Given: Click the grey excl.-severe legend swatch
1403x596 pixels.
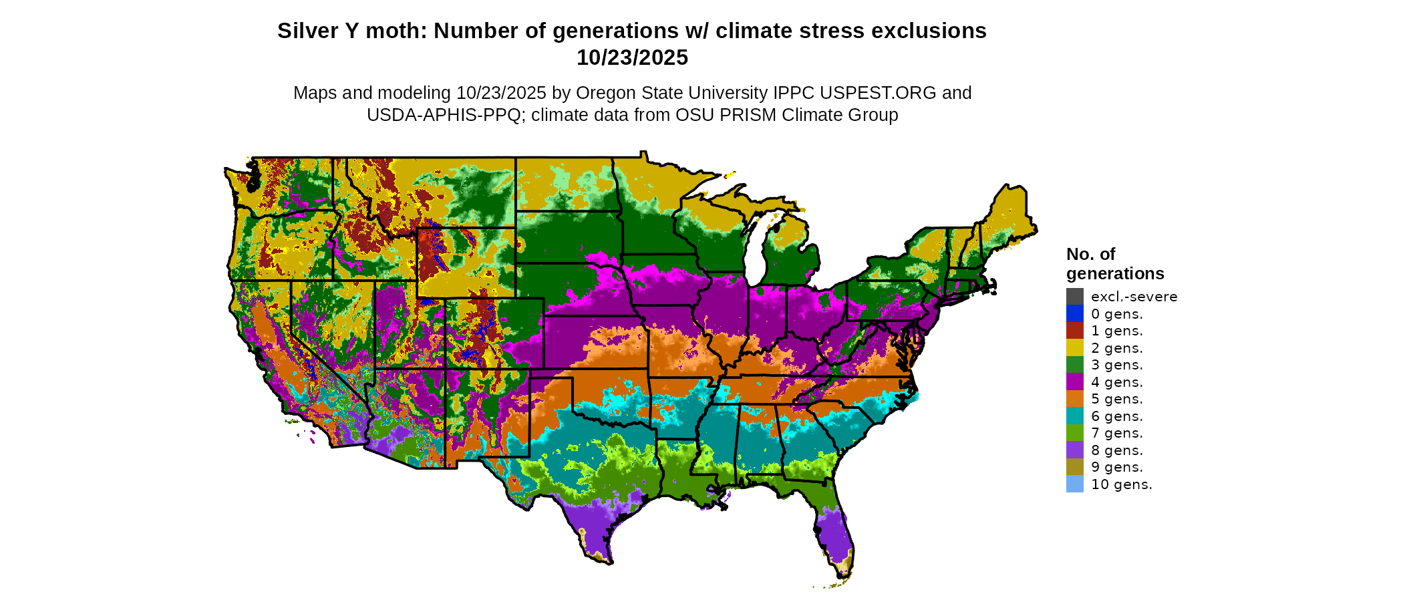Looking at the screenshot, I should tap(1074, 297).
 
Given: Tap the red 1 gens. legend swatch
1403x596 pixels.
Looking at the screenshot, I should tap(1074, 331).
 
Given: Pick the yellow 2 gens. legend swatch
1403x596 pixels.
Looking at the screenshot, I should tap(1074, 348).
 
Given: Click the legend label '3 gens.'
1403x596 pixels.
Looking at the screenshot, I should tap(1116, 365).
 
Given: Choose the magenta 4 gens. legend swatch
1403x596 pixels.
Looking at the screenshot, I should tap(1074, 382).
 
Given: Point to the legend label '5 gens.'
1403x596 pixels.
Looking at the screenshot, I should tap(1116, 399).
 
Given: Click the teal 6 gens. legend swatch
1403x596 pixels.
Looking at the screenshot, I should tap(1074, 416).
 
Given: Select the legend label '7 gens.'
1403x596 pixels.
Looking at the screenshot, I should tap(1116, 433).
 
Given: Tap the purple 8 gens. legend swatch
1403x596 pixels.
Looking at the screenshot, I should tap(1074, 450).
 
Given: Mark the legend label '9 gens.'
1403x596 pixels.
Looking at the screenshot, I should tap(1116, 467).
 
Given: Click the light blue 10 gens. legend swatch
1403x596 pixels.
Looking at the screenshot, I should tap(1074, 484).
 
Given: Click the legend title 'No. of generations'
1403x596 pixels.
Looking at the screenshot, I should tap(1114, 264).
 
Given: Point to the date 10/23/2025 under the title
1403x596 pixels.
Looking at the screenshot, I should tap(632, 58).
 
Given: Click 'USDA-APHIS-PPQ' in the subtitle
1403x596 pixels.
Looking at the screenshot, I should tap(443, 115).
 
